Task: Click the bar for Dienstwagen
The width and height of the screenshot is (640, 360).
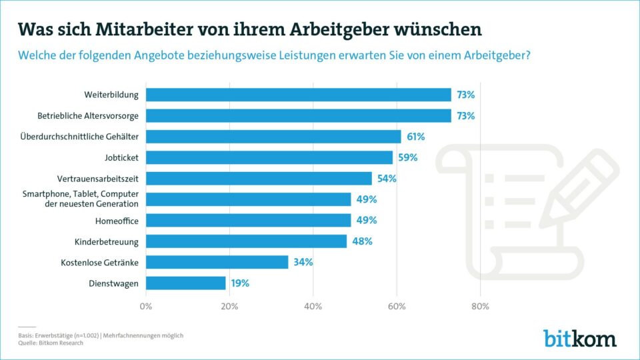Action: pos(186,283)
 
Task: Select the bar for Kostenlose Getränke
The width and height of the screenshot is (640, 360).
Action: pos(217,262)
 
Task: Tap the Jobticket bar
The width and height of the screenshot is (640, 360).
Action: pos(269,157)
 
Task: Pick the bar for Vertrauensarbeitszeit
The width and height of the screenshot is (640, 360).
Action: pos(259,179)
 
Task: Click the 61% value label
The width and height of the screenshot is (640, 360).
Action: pos(415,137)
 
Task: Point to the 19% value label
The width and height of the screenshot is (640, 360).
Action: pos(240,283)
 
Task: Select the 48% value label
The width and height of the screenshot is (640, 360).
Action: pos(363,241)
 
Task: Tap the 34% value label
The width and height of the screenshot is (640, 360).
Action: pos(303,262)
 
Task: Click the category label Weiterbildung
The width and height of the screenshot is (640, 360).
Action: pos(111,95)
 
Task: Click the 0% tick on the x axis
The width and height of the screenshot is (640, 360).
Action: pos(146,307)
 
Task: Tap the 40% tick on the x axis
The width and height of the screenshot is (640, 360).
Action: pos(313,307)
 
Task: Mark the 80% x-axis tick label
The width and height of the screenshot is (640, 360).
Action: pos(480,307)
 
